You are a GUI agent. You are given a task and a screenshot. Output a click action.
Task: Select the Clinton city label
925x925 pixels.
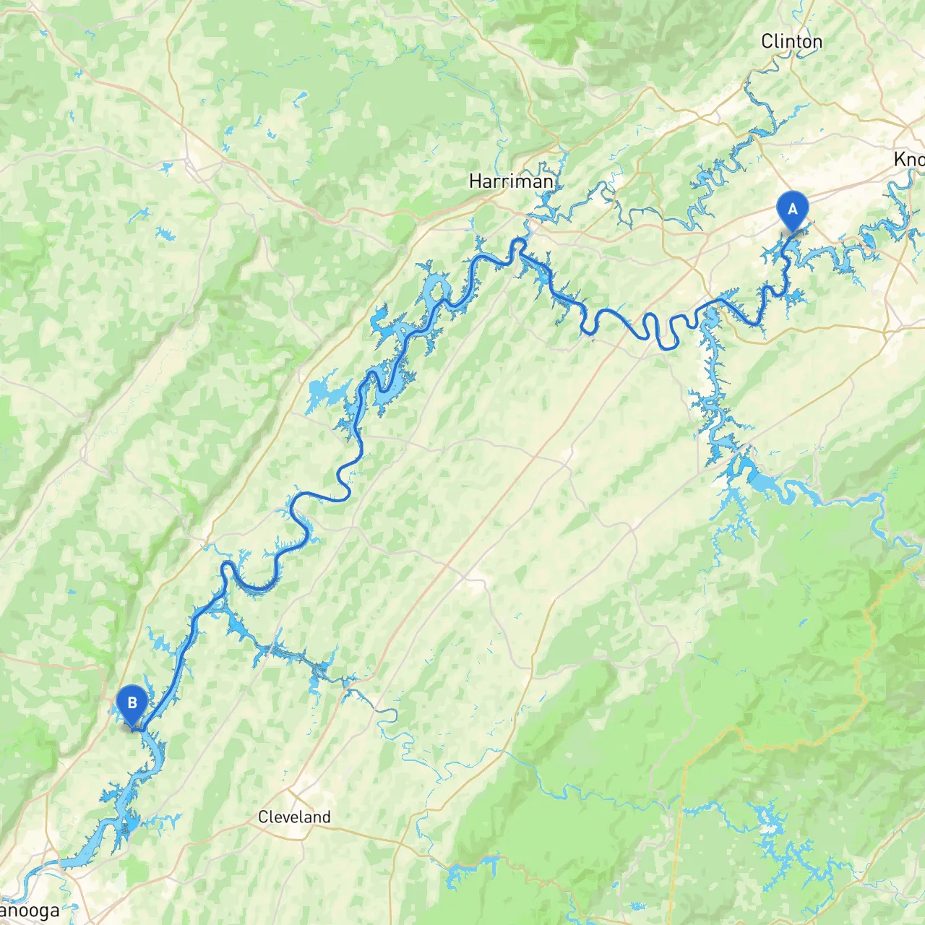click(791, 42)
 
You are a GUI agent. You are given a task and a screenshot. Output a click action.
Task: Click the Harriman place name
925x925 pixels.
click(511, 181)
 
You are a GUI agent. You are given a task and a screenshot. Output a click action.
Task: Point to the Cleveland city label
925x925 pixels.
click(294, 817)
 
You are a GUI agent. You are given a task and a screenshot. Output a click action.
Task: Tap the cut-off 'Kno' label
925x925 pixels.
click(908, 160)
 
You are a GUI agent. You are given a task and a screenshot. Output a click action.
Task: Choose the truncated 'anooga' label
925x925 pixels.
click(30, 911)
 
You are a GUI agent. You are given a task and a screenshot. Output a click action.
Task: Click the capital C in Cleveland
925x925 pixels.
click(264, 817)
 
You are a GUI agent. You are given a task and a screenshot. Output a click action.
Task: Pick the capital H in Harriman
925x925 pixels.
click(476, 181)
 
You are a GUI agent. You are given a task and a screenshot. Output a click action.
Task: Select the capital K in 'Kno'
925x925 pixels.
click(900, 160)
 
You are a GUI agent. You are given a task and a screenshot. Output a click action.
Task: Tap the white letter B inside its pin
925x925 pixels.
click(132, 702)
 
